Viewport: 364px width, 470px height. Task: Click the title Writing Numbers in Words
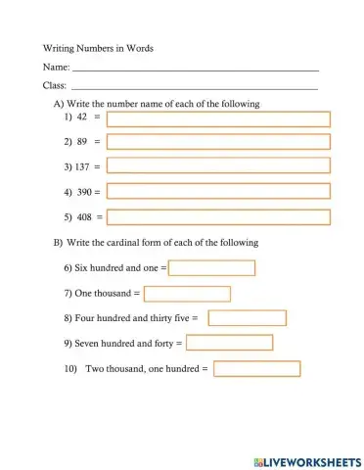pos(98,47)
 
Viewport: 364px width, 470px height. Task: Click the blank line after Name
pos(196,70)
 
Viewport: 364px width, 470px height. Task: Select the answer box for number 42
pos(218,119)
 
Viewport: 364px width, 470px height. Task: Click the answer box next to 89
pos(218,143)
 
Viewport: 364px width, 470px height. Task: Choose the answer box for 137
pos(218,167)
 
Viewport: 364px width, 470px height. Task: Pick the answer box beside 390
pos(218,192)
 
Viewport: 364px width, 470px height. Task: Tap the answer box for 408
pos(218,217)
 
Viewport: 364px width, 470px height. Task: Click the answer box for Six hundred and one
pos(212,268)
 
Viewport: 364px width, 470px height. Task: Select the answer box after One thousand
pos(187,294)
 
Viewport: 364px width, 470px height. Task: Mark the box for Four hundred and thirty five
pos(247,318)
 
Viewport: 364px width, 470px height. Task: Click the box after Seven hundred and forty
pos(229,344)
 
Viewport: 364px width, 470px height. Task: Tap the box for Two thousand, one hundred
pos(256,369)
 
